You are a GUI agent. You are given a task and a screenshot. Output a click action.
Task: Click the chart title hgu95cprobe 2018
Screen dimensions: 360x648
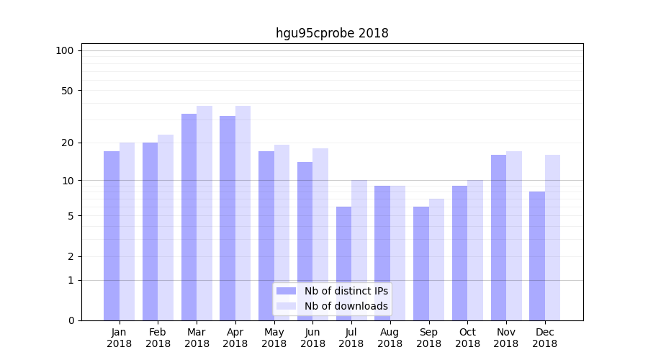[332, 33]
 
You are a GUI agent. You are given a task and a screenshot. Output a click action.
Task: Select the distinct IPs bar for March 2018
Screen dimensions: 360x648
[189, 217]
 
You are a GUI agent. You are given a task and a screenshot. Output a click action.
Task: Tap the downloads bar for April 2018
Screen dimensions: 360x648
[243, 213]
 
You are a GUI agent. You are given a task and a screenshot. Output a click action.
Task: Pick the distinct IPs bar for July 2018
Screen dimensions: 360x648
[343, 264]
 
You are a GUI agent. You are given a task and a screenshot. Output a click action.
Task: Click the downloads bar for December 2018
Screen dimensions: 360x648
[552, 238]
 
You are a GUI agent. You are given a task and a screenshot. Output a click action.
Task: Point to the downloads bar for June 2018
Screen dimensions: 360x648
[320, 234]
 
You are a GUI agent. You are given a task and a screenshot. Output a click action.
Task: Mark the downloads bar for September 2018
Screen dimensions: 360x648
[436, 259]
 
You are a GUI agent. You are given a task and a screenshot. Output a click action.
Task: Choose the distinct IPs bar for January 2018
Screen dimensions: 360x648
[112, 235]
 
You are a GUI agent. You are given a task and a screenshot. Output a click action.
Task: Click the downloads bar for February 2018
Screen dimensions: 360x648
[166, 228]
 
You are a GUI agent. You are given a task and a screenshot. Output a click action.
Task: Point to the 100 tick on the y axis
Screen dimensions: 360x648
[65, 50]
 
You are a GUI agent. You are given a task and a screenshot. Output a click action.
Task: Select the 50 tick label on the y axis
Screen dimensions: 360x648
[67, 91]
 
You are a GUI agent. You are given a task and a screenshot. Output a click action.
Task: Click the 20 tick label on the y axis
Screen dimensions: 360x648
[67, 143]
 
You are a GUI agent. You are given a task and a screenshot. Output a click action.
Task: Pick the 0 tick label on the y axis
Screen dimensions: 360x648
[71, 320]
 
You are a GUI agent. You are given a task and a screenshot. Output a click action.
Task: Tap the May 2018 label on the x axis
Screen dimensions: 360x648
[274, 338]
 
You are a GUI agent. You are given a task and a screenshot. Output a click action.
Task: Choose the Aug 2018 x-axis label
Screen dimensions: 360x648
[390, 338]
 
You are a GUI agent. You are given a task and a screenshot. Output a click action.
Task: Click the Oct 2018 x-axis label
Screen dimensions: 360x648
[467, 338]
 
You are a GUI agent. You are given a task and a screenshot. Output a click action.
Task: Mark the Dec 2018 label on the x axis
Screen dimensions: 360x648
[545, 338]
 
